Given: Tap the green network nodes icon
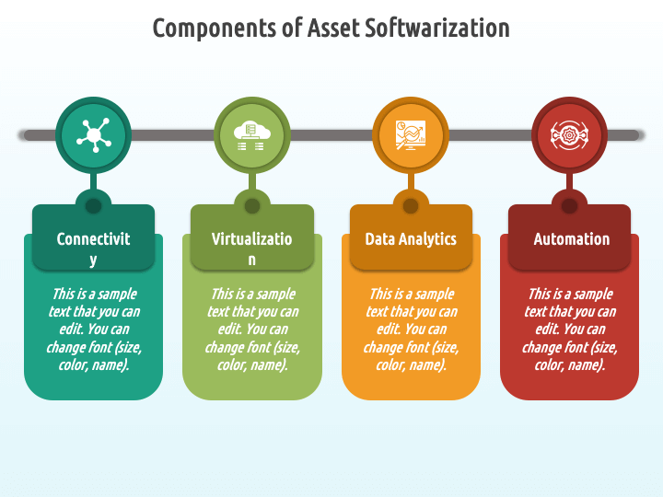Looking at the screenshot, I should click(x=93, y=135).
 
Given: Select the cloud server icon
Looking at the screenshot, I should click(x=251, y=135).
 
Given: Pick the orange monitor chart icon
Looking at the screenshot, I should click(x=411, y=135).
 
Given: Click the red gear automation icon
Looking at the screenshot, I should click(x=569, y=135).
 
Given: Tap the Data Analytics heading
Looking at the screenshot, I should click(x=411, y=238).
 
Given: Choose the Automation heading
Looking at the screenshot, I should click(x=571, y=238).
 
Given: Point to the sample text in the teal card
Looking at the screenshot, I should click(x=93, y=329).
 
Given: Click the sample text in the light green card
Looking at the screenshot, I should click(x=251, y=329).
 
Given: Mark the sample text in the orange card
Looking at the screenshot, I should click(x=411, y=329).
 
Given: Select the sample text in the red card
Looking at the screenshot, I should click(x=569, y=329).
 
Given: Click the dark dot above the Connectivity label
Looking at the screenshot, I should click(x=93, y=205).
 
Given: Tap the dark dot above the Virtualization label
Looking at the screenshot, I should click(x=251, y=205).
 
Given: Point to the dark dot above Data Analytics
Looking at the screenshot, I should click(x=411, y=205).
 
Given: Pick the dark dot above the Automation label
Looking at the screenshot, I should click(x=569, y=205).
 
